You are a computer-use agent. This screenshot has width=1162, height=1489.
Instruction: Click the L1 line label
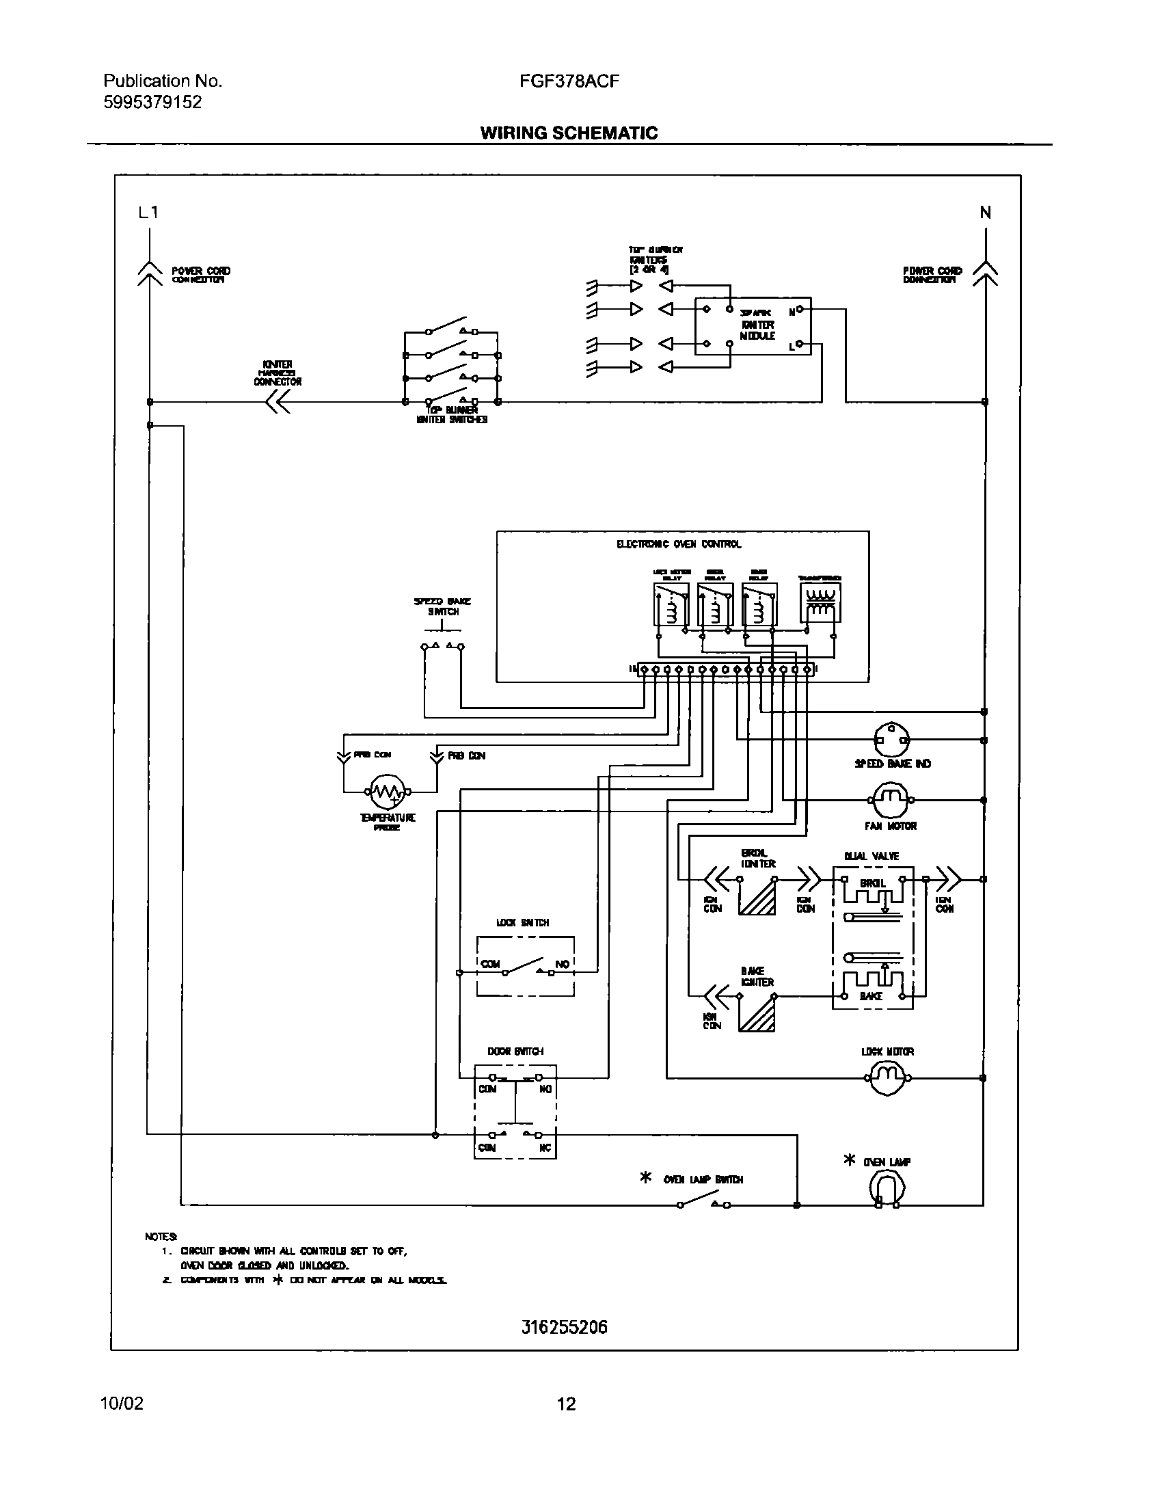click(148, 213)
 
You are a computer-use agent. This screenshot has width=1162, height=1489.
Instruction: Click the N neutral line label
click(985, 213)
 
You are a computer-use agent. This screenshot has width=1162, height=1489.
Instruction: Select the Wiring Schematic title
click(569, 133)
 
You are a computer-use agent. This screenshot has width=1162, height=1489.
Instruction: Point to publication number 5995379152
click(152, 103)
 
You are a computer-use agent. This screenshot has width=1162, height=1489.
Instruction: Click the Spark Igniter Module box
click(753, 326)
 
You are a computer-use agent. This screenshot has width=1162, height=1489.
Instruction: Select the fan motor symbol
click(891, 800)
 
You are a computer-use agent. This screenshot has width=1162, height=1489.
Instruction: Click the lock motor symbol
click(887, 1078)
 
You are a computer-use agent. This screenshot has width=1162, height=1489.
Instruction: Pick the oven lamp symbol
click(887, 1190)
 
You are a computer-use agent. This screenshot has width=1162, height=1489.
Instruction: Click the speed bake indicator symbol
click(893, 740)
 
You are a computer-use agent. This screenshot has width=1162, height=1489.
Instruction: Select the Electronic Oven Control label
click(679, 544)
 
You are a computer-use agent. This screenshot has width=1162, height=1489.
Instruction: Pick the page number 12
click(567, 1404)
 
